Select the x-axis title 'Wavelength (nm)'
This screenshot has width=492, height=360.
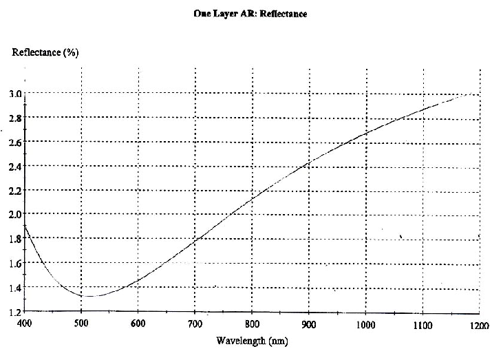[x=247, y=340]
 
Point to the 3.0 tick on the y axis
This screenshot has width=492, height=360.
[x=14, y=93]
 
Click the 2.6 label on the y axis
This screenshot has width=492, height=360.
[x=14, y=142]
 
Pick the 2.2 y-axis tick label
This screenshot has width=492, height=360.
[x=14, y=190]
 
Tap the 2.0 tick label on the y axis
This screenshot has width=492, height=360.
[x=14, y=214]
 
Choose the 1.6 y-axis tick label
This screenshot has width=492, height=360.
[x=14, y=263]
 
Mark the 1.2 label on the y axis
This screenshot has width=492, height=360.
[x=14, y=312]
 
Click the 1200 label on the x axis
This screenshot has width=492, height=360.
[x=480, y=323]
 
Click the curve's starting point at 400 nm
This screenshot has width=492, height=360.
[x=25, y=224]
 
